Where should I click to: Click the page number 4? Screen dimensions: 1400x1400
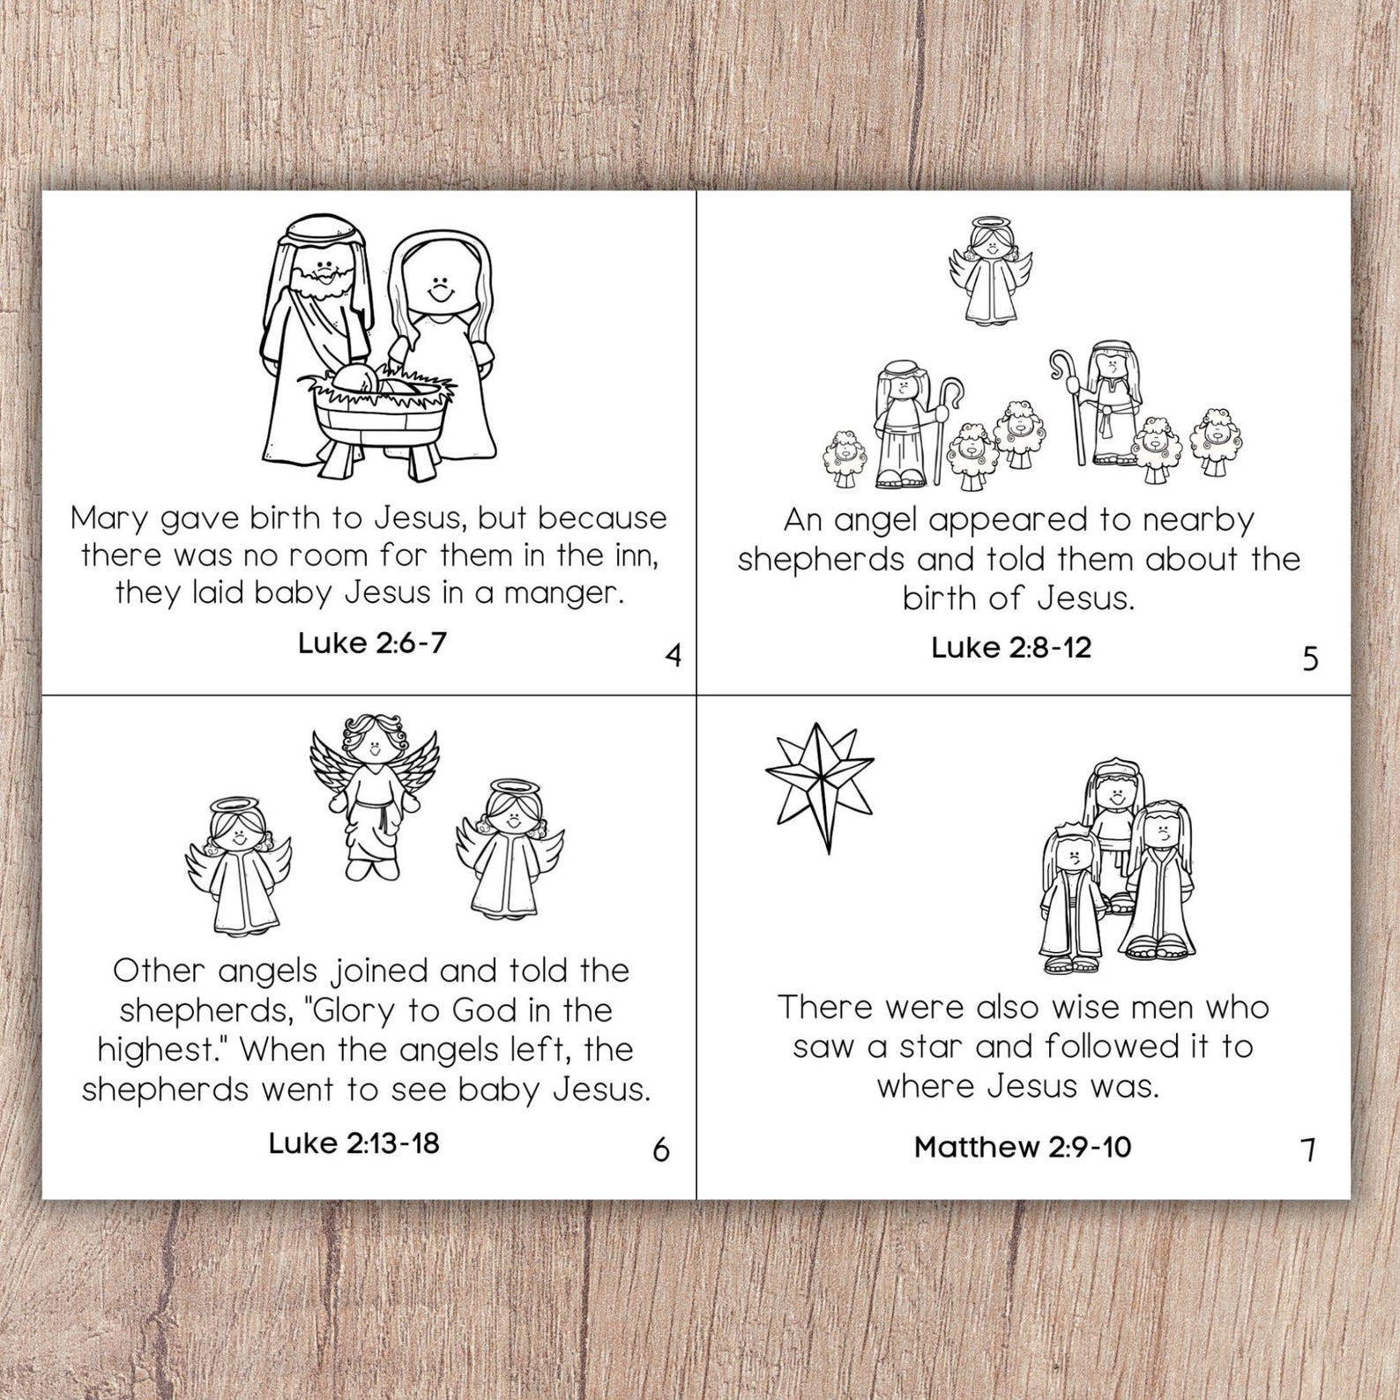tap(674, 656)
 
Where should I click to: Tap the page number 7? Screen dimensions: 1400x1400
tap(1308, 1150)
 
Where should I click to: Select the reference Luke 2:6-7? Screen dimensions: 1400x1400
tap(372, 643)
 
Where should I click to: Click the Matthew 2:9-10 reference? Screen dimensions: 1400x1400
tap(1022, 1147)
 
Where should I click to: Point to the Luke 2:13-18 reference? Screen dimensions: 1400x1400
tap(354, 1143)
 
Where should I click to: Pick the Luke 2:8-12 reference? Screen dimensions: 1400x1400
tap(1010, 648)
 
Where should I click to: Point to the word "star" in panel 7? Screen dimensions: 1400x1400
tap(933, 1046)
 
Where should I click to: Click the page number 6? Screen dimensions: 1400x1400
tap(660, 1150)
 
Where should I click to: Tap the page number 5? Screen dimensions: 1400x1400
tap(1310, 659)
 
